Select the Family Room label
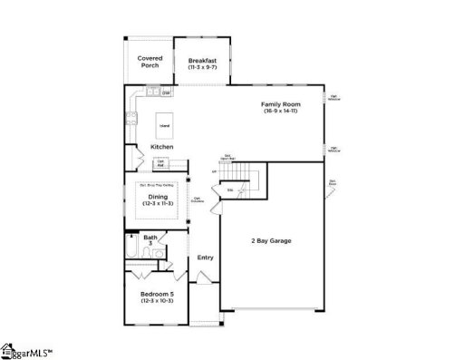point(281,104)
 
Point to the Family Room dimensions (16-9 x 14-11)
point(281,112)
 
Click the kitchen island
point(164,125)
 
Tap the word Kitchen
point(162,147)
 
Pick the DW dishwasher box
point(167,93)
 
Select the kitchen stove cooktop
point(132,116)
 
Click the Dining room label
point(158,196)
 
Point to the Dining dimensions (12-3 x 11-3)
point(158,203)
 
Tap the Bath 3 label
point(150,240)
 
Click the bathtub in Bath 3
point(132,247)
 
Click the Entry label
point(205,258)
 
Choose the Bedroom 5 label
point(157,294)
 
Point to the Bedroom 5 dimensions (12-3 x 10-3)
point(157,301)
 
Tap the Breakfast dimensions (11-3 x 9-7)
point(202,67)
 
